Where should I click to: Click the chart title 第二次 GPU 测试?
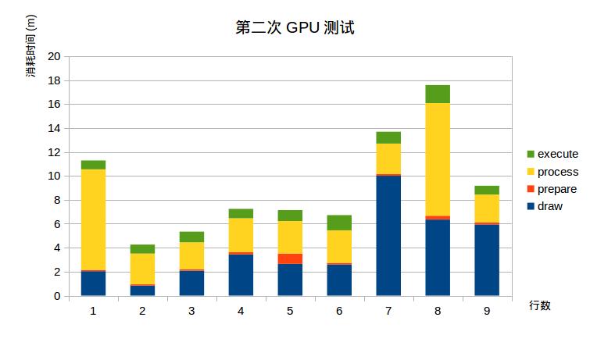[x=295, y=28]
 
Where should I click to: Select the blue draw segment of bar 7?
[x=388, y=235]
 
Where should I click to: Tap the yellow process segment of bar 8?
[x=438, y=159]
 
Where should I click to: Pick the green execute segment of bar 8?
[x=438, y=94]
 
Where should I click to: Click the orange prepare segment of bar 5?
[x=290, y=258]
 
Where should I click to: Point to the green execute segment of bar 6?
[x=339, y=223]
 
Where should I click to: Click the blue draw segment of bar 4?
[x=241, y=275]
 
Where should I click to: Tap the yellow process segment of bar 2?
[x=142, y=269]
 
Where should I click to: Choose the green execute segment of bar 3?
[x=191, y=237]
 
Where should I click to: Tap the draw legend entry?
[x=544, y=207]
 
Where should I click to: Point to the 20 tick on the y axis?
[x=54, y=56]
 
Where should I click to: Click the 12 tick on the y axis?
[x=54, y=152]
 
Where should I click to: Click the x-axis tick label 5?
[x=290, y=311]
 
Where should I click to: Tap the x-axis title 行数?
[x=539, y=305]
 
